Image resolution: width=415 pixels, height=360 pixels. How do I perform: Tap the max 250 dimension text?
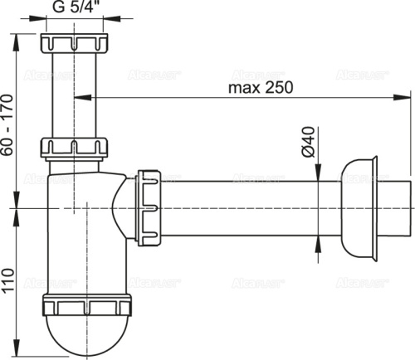click(261, 86)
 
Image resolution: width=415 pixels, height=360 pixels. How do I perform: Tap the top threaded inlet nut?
click(75, 42)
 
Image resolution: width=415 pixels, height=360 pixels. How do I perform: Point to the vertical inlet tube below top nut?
click(75, 95)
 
